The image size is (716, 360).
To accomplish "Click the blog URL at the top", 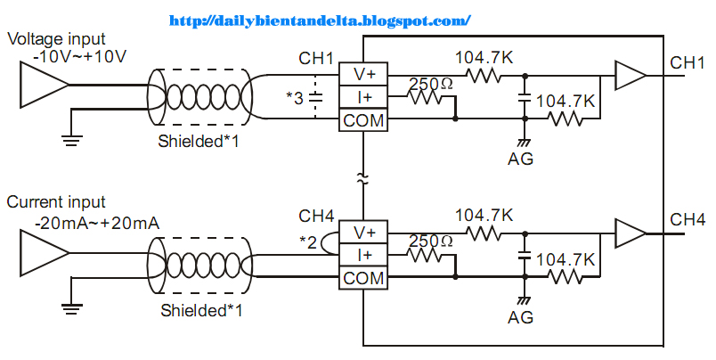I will tap(319, 19).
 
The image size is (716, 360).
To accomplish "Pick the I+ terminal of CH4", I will tap(363, 256).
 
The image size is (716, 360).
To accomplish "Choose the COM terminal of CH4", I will tap(363, 278).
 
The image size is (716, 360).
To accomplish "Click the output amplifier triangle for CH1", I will tap(630, 77).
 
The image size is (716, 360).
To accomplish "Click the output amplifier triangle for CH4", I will tap(630, 233).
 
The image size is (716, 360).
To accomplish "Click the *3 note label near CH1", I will tap(295, 96).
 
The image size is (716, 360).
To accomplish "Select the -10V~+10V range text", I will tap(78, 56).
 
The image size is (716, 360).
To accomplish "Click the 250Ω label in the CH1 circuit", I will tap(430, 84).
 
